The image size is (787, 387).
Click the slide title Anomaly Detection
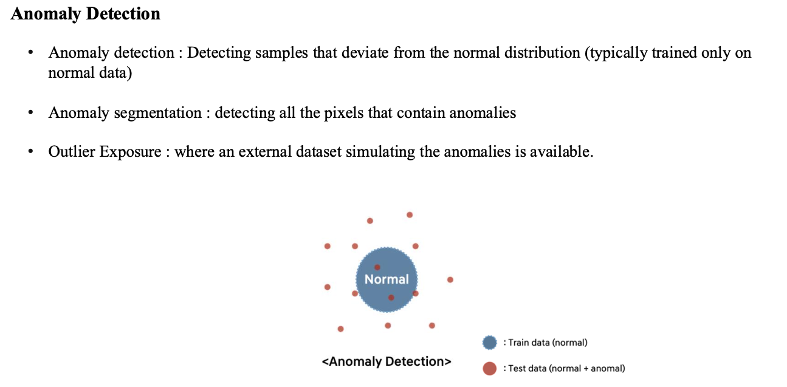tap(86, 14)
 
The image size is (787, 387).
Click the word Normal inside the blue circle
tap(387, 279)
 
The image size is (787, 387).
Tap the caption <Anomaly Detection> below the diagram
tap(387, 362)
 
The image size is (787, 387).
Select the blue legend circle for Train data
tap(490, 343)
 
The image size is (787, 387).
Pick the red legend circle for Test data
tap(490, 368)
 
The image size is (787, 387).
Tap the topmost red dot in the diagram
tap(410, 214)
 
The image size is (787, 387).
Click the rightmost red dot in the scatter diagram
tap(450, 280)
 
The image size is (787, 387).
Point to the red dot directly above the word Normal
tap(377, 267)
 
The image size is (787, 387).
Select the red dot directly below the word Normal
tap(391, 298)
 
